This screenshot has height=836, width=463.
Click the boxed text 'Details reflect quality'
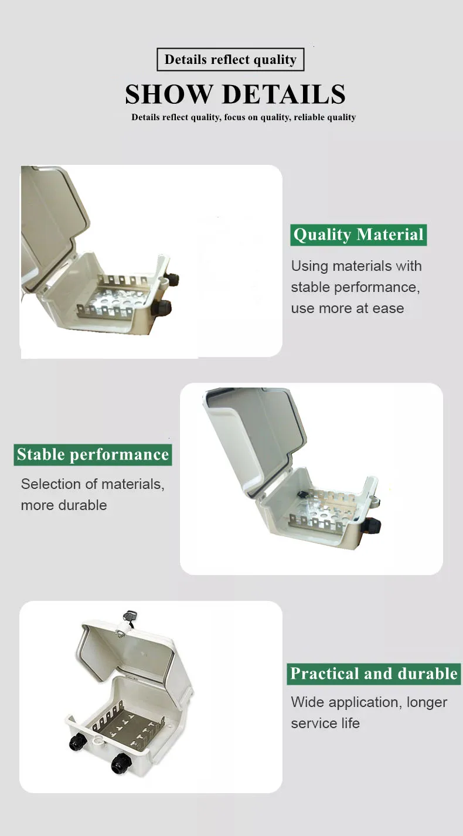(230, 60)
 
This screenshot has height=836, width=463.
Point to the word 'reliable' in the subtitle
(309, 117)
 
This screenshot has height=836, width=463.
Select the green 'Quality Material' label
(358, 235)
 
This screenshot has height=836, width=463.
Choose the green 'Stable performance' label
(93, 454)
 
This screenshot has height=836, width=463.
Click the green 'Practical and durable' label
(374, 674)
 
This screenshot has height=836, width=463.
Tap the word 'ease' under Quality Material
(388, 308)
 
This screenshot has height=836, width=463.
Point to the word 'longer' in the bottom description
(427, 702)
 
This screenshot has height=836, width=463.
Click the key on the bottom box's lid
(129, 618)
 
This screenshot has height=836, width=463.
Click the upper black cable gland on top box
(171, 277)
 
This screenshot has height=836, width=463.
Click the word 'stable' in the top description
(309, 287)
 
